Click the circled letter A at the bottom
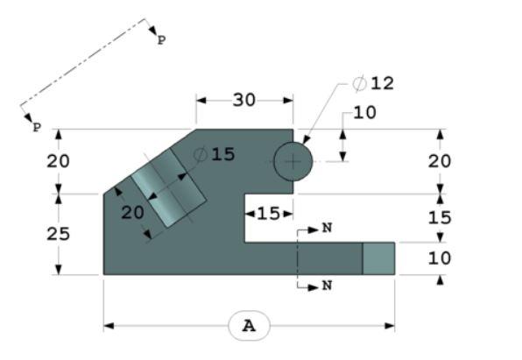pos(250,326)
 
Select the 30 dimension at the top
pos(243,100)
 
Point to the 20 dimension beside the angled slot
pos(132,214)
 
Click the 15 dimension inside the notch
pos(268,213)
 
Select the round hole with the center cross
pos(293,162)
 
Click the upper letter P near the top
pos(160,40)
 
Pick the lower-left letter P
pos(37,128)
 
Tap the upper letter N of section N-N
pos(327,228)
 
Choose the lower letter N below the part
pos(327,286)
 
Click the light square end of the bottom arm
pos(378,258)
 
